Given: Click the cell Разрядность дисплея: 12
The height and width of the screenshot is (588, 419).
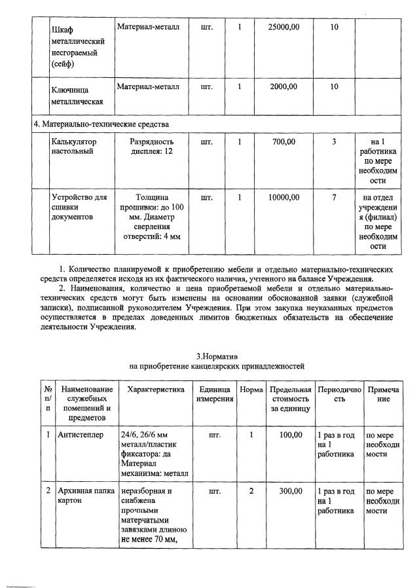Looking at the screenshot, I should (151, 146).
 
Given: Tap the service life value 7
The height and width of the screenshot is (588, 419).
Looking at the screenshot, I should (334, 197).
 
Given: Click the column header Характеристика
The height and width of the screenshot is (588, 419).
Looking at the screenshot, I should (152, 390).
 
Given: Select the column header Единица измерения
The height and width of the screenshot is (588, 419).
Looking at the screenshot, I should (215, 394).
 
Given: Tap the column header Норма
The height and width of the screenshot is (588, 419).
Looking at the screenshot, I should (251, 390).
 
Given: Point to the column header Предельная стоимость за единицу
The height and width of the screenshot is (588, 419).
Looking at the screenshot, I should (290, 399).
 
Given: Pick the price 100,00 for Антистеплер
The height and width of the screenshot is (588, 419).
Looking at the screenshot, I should (291, 435).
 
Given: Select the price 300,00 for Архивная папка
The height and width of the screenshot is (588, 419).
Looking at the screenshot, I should (291, 491).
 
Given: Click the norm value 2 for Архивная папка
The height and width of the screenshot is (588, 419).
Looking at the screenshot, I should (251, 491).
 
